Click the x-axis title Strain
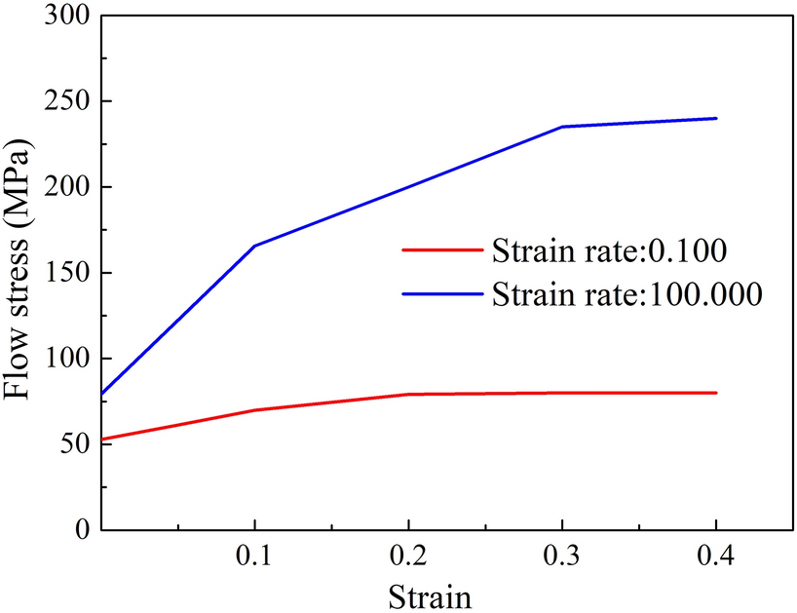point(432,594)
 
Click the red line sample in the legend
point(441,249)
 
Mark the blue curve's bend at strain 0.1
point(254,246)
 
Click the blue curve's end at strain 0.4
point(716,118)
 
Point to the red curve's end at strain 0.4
point(716,393)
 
